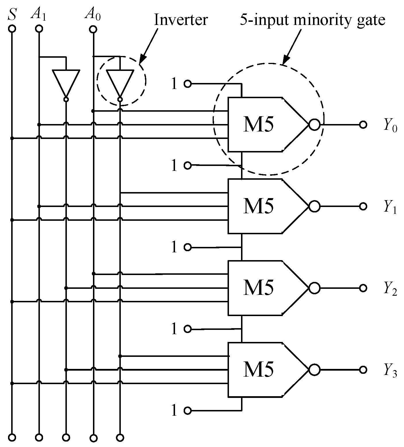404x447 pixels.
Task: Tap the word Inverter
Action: click(181, 20)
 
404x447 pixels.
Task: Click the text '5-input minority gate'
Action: click(312, 20)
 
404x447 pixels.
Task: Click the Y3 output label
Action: click(391, 371)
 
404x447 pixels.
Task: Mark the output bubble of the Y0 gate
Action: click(314, 125)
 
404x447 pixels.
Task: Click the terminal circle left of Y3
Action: click(363, 369)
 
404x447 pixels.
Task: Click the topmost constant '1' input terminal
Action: click(187, 84)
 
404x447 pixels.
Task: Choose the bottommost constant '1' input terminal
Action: click(187, 411)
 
